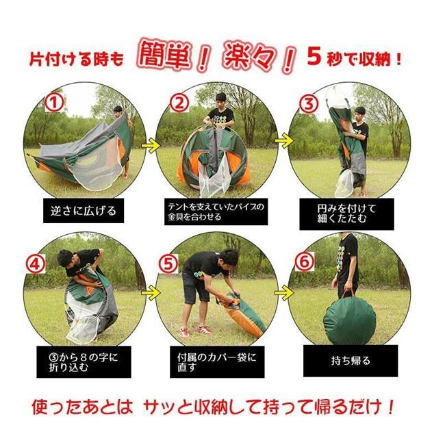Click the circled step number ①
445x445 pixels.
click(x=54, y=103)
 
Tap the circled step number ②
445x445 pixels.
click(x=179, y=103)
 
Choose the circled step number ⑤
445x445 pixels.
click(x=168, y=262)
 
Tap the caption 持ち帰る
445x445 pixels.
click(x=351, y=360)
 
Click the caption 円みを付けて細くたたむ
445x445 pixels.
click(x=347, y=212)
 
